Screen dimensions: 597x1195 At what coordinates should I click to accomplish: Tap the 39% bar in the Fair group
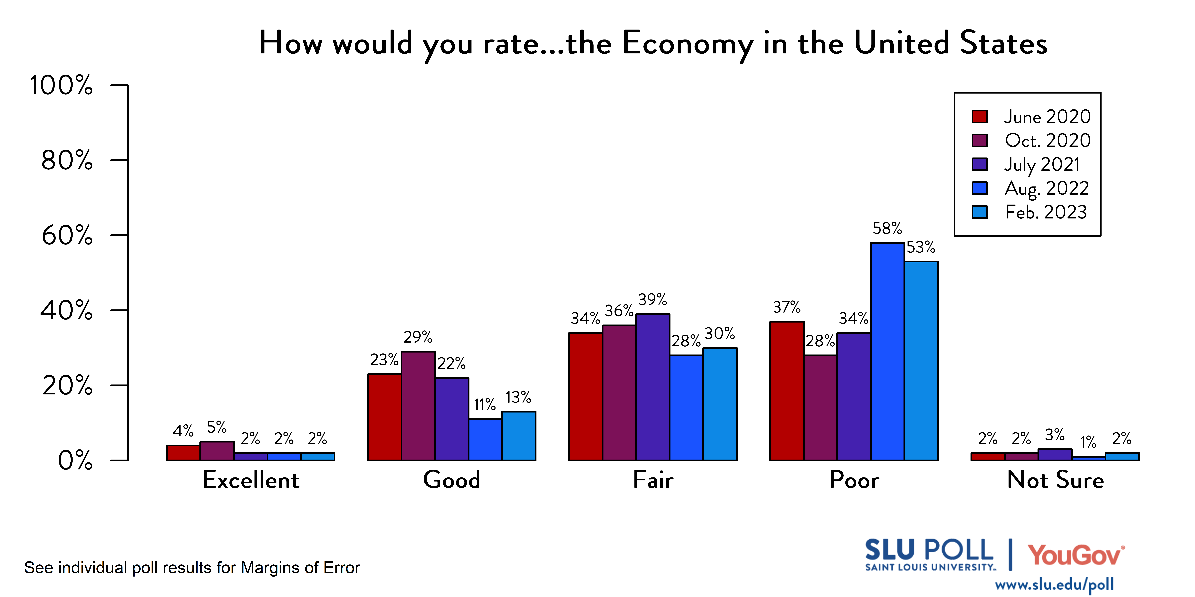[653, 387]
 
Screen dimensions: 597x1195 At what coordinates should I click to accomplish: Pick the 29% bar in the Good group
[418, 406]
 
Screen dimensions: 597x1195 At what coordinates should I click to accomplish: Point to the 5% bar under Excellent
[217, 451]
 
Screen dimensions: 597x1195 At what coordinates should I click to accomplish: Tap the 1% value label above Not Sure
[1088, 442]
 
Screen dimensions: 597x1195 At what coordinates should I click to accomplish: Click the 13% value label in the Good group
[518, 397]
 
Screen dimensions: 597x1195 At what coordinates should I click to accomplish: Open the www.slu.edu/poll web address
[1054, 584]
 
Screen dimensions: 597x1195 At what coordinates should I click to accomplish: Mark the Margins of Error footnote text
[192, 568]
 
